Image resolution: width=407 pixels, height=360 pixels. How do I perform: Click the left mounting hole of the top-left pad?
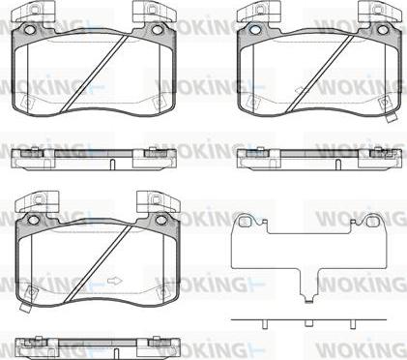[29, 30]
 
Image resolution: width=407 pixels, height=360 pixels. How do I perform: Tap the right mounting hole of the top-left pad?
[158, 30]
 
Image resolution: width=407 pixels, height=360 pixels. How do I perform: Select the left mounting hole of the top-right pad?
[254, 30]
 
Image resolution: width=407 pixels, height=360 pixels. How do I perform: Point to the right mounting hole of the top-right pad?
[383, 30]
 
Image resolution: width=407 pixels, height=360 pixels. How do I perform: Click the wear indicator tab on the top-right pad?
[392, 119]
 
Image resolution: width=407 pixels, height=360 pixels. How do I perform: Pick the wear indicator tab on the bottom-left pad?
[25, 308]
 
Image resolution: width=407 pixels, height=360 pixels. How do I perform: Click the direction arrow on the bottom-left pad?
[115, 281]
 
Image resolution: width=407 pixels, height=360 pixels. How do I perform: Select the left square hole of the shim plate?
[246, 222]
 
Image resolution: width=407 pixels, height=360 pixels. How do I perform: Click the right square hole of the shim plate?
[372, 222]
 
